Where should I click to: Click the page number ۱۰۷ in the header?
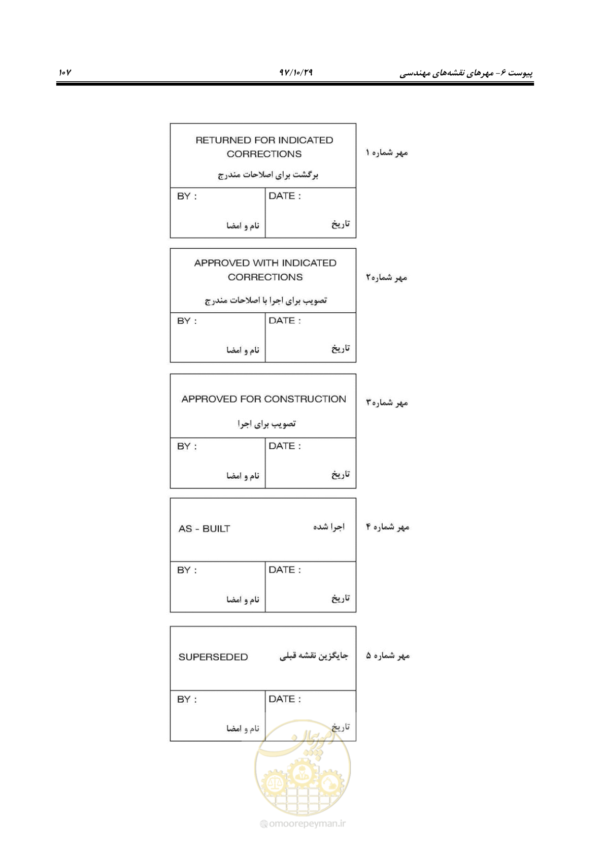65,72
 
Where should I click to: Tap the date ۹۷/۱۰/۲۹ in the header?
296,72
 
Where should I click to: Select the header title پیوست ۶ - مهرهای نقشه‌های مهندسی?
466,73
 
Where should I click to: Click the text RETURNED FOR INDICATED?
264,140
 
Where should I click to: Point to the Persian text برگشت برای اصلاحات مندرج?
268,175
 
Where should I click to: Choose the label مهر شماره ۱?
387,153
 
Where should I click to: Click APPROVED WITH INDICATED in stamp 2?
265,263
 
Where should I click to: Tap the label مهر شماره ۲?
387,278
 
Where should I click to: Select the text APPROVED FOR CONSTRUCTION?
263,399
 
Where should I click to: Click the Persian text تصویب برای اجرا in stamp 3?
266,423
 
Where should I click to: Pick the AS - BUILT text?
205,529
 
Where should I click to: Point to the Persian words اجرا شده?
329,527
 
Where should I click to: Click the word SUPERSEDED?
213,657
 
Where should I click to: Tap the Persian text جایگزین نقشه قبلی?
314,656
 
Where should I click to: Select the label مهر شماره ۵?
388,656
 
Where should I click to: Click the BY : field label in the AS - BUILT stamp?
187,570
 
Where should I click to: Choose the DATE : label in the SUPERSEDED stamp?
285,699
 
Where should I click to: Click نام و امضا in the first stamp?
243,225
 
